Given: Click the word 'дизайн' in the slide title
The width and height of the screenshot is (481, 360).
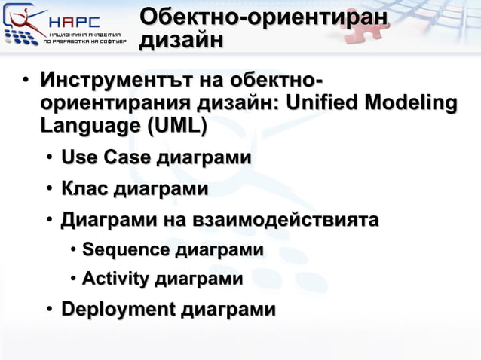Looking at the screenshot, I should pyautogui.click(x=181, y=41).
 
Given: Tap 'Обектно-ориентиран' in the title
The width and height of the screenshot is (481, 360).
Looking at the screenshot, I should pyautogui.click(x=265, y=17).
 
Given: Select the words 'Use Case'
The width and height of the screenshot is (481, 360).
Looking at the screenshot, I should pyautogui.click(x=106, y=158).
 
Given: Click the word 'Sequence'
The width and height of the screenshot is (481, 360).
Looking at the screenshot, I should pyautogui.click(x=126, y=250).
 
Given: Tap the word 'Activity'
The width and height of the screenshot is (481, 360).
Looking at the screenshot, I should pyautogui.click(x=115, y=279).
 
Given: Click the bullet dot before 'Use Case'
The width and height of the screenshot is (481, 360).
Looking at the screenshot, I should pyautogui.click(x=48, y=159).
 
